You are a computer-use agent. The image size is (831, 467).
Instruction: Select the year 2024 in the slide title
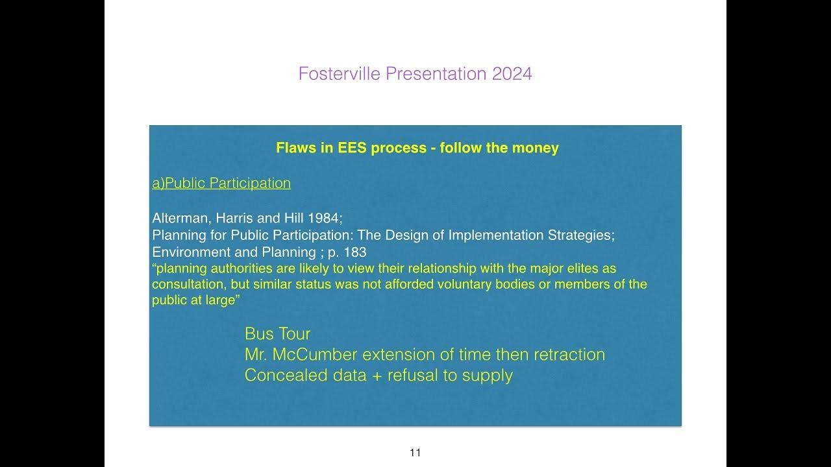[x=512, y=74]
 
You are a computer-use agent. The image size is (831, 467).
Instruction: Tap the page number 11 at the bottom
[x=415, y=453]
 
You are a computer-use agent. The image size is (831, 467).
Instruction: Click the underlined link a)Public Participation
[x=221, y=184]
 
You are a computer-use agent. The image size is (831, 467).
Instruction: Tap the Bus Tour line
[x=277, y=334]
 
